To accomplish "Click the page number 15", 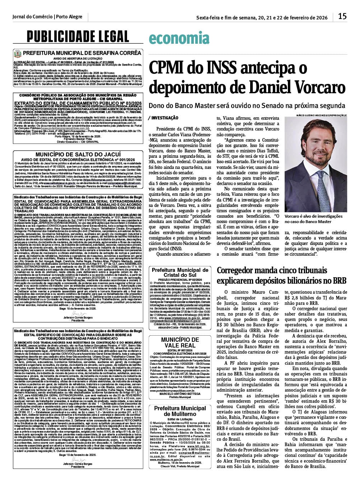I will [x=342, y=16].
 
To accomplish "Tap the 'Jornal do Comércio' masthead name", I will [x=32, y=17].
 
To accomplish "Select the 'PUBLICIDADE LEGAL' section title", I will [x=78, y=37].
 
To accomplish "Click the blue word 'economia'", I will [x=179, y=38].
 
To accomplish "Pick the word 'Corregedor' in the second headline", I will [x=237, y=270].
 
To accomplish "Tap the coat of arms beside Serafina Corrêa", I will [x=17, y=53].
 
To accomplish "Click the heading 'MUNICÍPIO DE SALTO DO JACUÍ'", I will [x=78, y=154].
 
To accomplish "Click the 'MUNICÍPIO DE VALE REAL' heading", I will [x=180, y=342].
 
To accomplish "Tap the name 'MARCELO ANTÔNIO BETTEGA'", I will [x=180, y=394].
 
